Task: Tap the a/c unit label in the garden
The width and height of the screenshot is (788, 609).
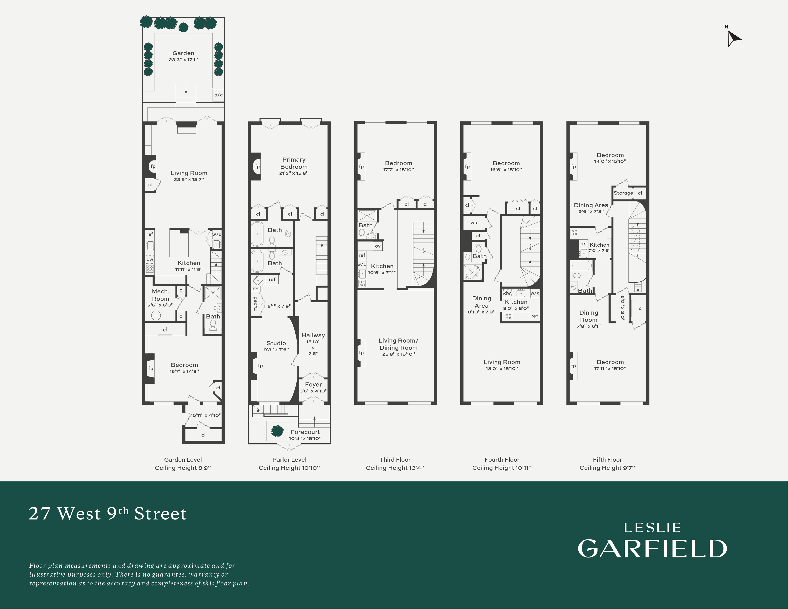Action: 218,95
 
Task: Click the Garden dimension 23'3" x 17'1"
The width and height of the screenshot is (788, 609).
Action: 183,59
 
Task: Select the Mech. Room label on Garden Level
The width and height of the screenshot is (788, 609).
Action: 161,295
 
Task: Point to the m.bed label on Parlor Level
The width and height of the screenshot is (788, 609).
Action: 255,304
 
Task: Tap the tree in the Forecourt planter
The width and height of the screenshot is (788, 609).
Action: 277,430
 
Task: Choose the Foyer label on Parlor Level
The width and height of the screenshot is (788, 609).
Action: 313,385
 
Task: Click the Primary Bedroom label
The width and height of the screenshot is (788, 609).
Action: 294,163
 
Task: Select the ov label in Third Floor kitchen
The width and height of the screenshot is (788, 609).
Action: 377,246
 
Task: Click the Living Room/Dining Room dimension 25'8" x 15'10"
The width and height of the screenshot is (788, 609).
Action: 398,354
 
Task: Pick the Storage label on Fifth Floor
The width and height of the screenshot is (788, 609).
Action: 623,193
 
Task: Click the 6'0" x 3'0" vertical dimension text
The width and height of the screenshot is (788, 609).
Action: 622,308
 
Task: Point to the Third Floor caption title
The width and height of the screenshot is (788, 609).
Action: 395,460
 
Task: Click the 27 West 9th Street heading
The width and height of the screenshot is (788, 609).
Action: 107,514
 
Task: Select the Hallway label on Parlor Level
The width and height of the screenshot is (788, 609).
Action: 313,335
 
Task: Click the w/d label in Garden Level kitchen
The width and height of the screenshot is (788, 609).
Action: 217,234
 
